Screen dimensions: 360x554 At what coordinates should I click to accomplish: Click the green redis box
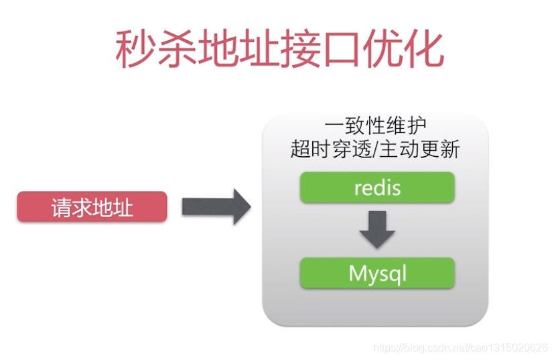[377, 187]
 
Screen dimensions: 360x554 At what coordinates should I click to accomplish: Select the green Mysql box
[377, 273]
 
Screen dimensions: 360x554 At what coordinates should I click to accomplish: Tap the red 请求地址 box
[92, 206]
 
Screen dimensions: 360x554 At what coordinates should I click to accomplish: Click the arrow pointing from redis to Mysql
[377, 229]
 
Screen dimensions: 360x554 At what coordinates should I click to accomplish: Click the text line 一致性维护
[375, 127]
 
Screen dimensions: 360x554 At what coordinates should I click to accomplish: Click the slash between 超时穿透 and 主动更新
[375, 149]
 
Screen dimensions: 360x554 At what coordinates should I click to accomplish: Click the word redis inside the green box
[377, 187]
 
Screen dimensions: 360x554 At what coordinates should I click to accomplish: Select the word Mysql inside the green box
[377, 274]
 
